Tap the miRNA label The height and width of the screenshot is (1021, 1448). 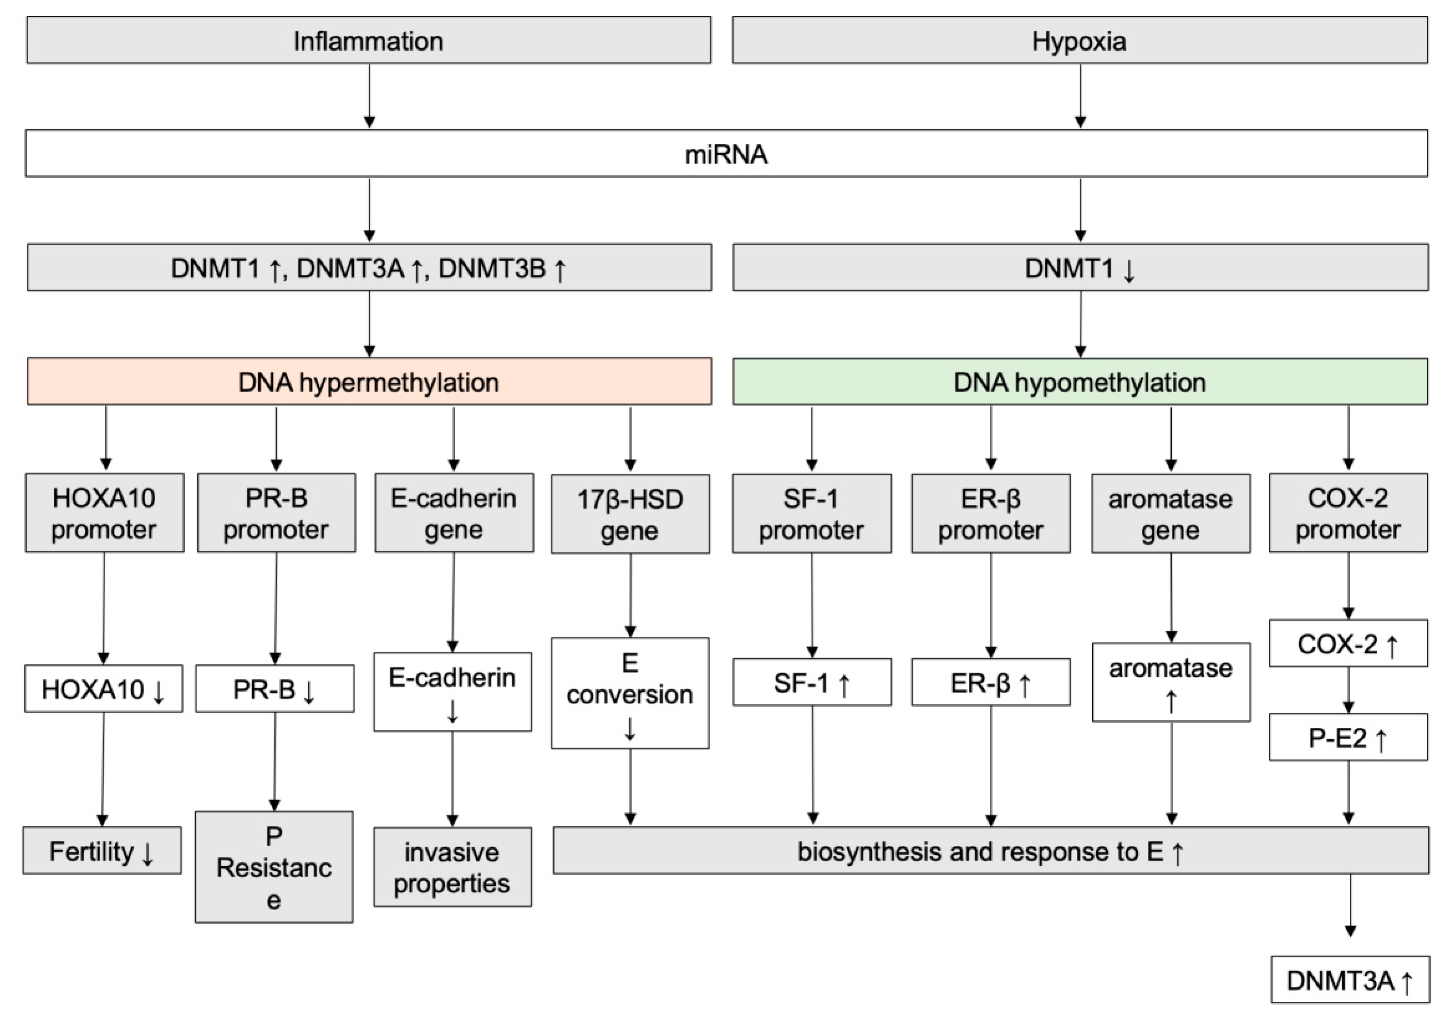pos(726,154)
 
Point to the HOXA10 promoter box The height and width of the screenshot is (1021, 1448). pos(104,513)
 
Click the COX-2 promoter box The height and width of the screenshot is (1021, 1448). pos(1348,513)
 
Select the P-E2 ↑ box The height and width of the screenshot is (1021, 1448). pos(1348,738)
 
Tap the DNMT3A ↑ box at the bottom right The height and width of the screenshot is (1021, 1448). pos(1350,980)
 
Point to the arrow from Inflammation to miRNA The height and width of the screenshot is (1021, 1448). pos(369,95)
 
